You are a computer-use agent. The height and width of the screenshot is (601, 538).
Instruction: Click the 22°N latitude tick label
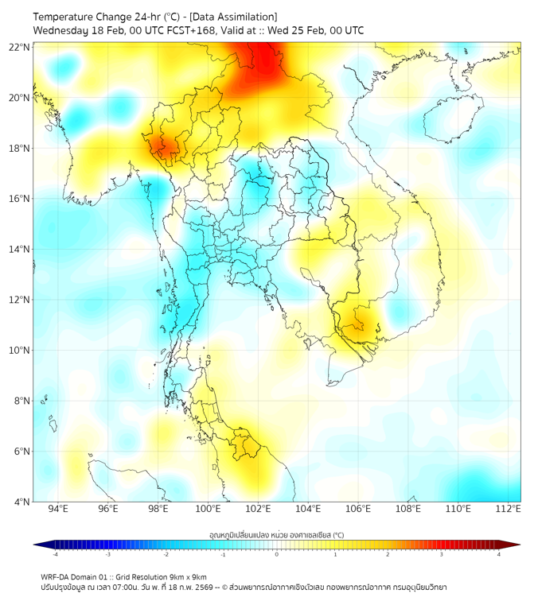[20, 47]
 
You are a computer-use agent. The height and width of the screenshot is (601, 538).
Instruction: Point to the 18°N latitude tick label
[20, 149]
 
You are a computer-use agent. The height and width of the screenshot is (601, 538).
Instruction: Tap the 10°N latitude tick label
[20, 351]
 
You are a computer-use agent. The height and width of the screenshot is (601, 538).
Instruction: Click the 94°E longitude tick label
[58, 509]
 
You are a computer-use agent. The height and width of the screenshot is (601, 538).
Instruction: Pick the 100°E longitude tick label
[209, 509]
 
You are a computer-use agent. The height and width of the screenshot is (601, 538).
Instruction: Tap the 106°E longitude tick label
[359, 509]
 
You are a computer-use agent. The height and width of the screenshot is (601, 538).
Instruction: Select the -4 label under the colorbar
[55, 554]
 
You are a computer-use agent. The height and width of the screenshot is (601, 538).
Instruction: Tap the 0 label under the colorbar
[277, 554]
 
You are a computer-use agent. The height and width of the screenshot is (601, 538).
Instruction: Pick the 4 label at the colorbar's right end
[499, 554]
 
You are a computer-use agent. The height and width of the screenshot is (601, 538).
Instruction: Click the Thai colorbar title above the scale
[276, 535]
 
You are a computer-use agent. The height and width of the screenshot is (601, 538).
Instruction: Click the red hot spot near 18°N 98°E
[166, 147]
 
